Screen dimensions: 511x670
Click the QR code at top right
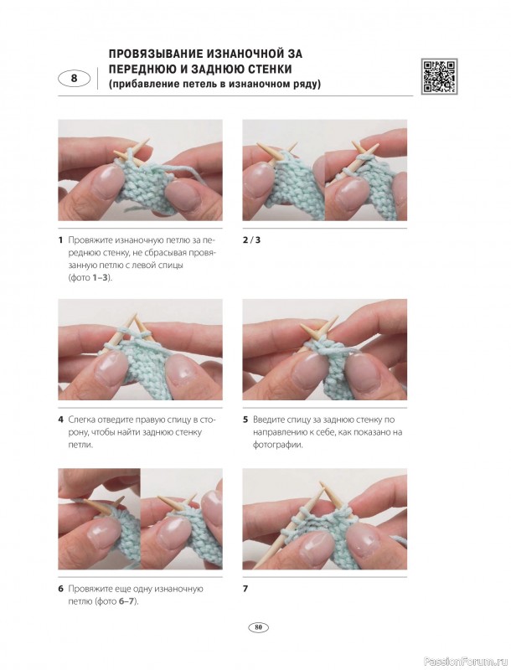click(x=439, y=76)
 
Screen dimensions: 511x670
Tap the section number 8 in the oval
click(x=75, y=79)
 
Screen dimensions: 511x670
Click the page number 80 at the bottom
click(x=258, y=627)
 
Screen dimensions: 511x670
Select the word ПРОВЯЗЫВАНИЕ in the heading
click(x=152, y=54)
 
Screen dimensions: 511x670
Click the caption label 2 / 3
click(x=251, y=240)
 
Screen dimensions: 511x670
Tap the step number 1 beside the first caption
click(x=60, y=240)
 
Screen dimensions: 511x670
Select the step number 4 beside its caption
click(x=60, y=420)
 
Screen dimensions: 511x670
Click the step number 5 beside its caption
click(x=245, y=420)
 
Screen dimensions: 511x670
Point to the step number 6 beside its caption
click(x=60, y=589)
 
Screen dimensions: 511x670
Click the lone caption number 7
click(x=245, y=589)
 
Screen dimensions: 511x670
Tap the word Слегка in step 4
click(x=80, y=420)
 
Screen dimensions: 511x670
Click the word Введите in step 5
click(x=267, y=420)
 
